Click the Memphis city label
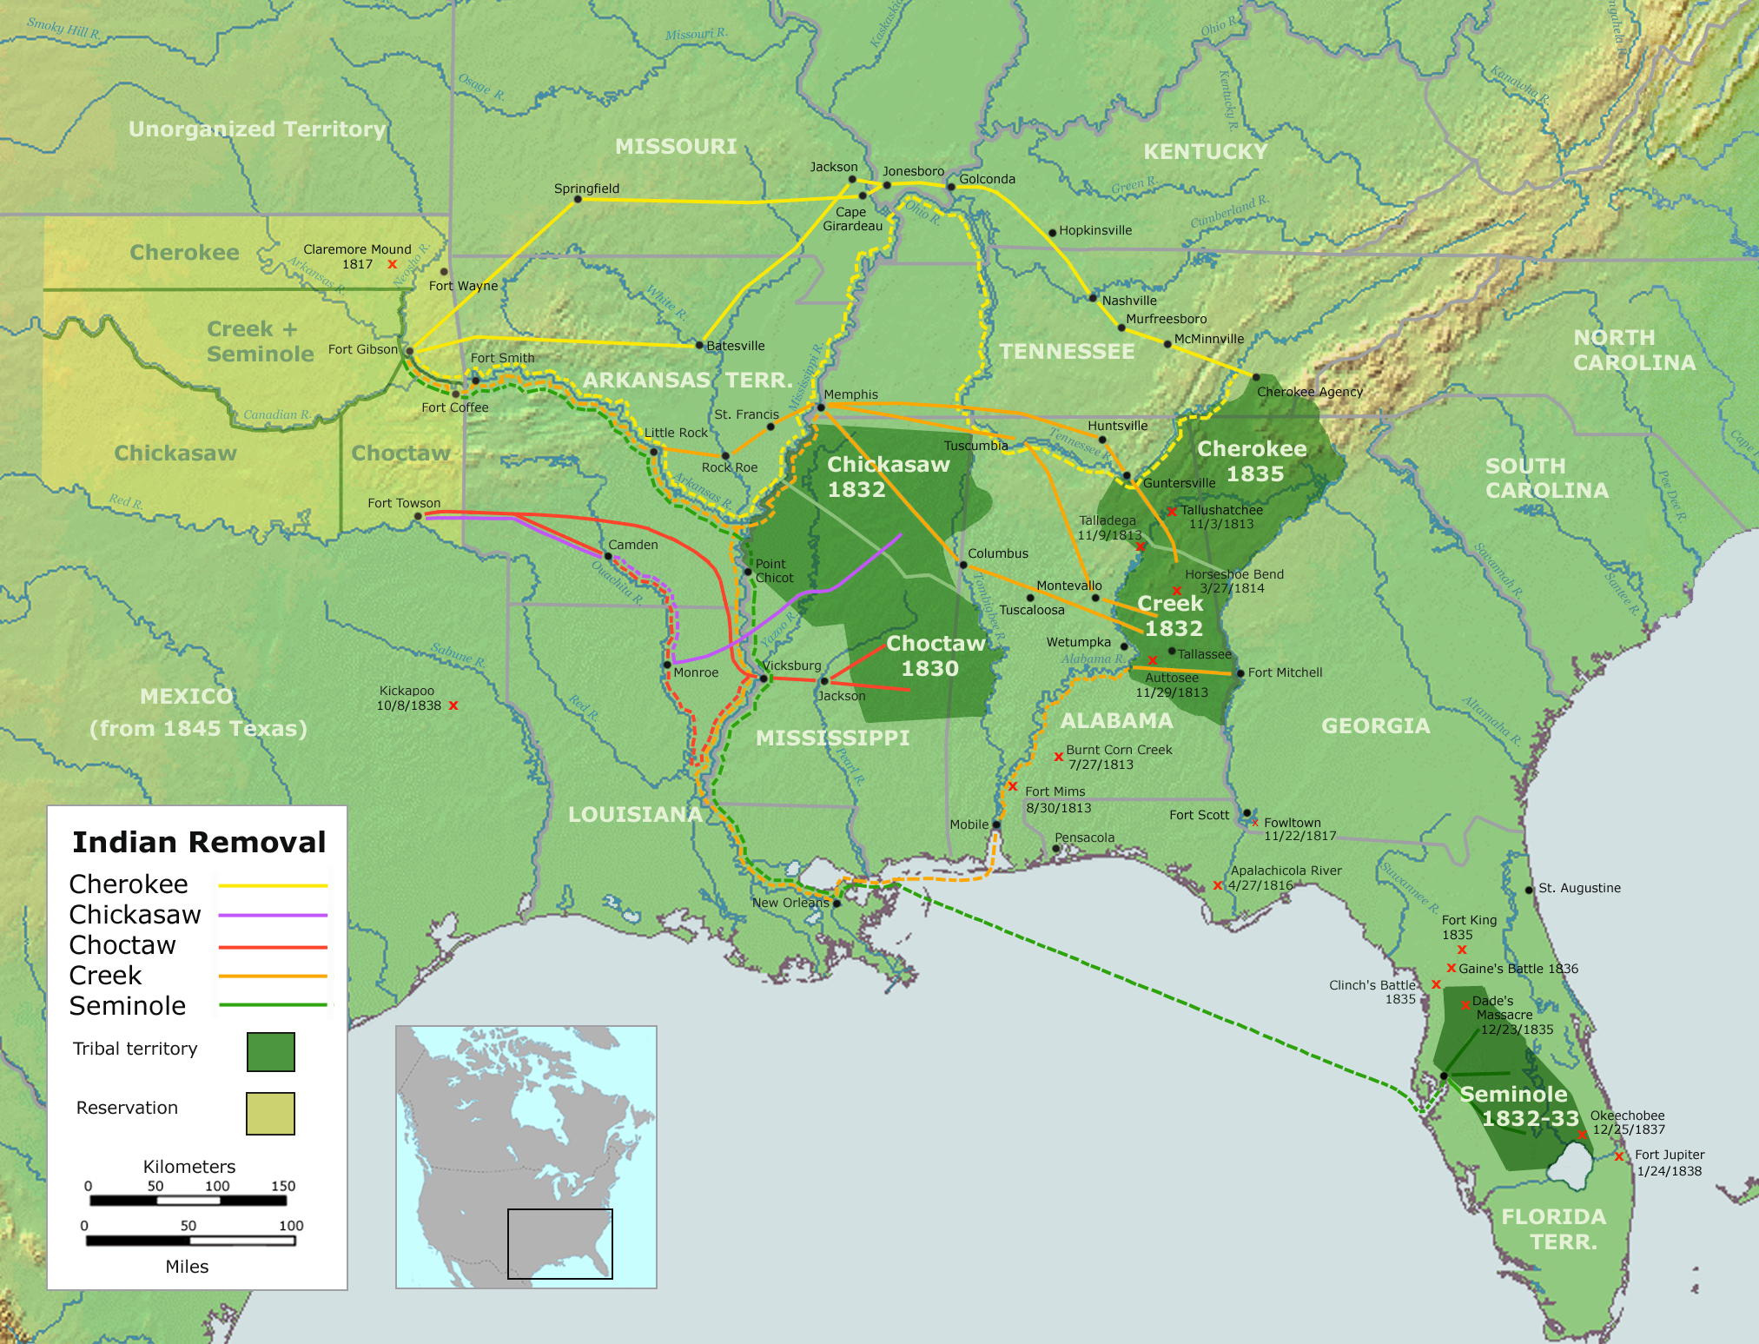(850, 394)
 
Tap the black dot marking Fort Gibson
(409, 351)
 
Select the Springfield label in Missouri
(586, 189)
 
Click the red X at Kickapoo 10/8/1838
(453, 705)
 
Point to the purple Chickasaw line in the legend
(272, 915)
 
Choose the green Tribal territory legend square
(270, 1051)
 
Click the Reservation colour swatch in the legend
(270, 1113)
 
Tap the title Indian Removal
(199, 842)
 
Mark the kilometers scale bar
(188, 1201)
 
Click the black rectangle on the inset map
(559, 1243)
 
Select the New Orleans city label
(790, 903)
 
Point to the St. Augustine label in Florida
(1578, 888)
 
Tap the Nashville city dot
(1093, 298)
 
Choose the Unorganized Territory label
(257, 129)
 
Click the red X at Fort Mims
(1012, 786)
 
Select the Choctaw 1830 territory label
(934, 656)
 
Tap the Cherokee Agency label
(1309, 392)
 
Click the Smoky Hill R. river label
(63, 28)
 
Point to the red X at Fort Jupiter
(1619, 1156)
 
